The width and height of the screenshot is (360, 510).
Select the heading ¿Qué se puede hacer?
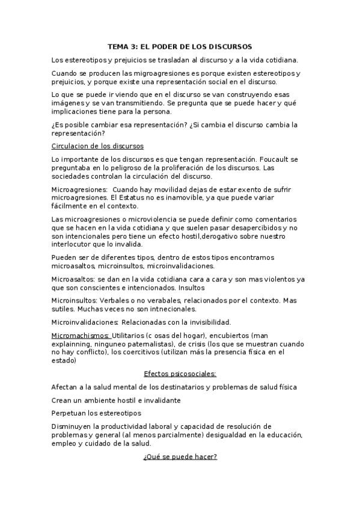pos(180,456)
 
